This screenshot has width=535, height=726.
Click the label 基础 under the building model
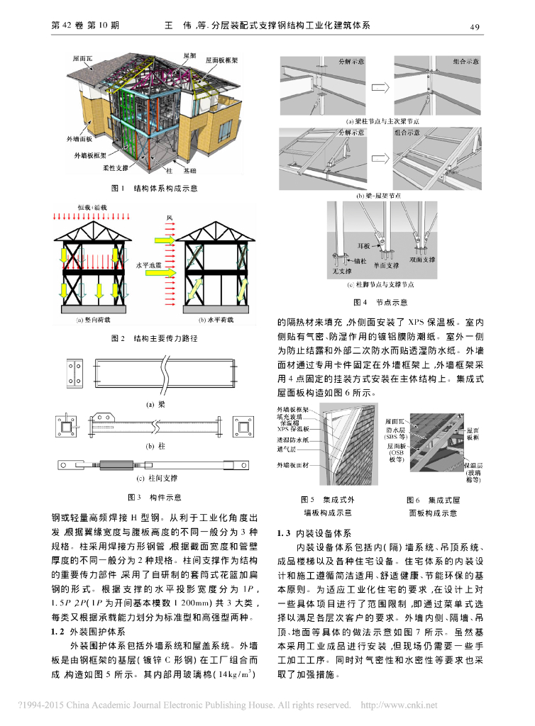click(x=191, y=172)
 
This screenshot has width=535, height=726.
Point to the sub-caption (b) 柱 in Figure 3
click(x=155, y=446)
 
